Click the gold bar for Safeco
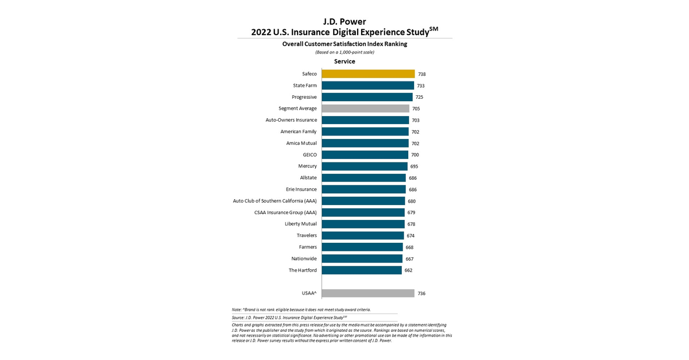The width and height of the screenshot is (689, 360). tap(368, 74)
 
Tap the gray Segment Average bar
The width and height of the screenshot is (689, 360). tap(365, 109)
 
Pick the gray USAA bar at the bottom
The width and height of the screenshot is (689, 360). tap(367, 293)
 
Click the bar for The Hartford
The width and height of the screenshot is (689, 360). tap(361, 270)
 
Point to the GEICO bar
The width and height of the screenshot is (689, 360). tap(365, 154)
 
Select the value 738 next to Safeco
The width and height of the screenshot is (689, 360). tap(422, 74)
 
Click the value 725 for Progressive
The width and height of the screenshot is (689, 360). tap(419, 97)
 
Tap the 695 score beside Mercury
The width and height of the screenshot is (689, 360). tap(414, 166)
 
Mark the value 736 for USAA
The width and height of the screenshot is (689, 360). tap(421, 293)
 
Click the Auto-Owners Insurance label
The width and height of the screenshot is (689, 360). tap(291, 120)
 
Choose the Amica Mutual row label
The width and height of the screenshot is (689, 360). tap(301, 143)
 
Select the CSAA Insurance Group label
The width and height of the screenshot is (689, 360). tap(285, 212)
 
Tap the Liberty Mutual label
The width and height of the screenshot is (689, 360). tap(301, 224)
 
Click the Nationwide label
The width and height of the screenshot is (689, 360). tap(304, 258)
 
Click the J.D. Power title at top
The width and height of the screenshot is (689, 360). tap(344, 22)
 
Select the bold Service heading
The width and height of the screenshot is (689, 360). tap(344, 61)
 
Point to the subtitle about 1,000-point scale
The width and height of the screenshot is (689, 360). tap(344, 52)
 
